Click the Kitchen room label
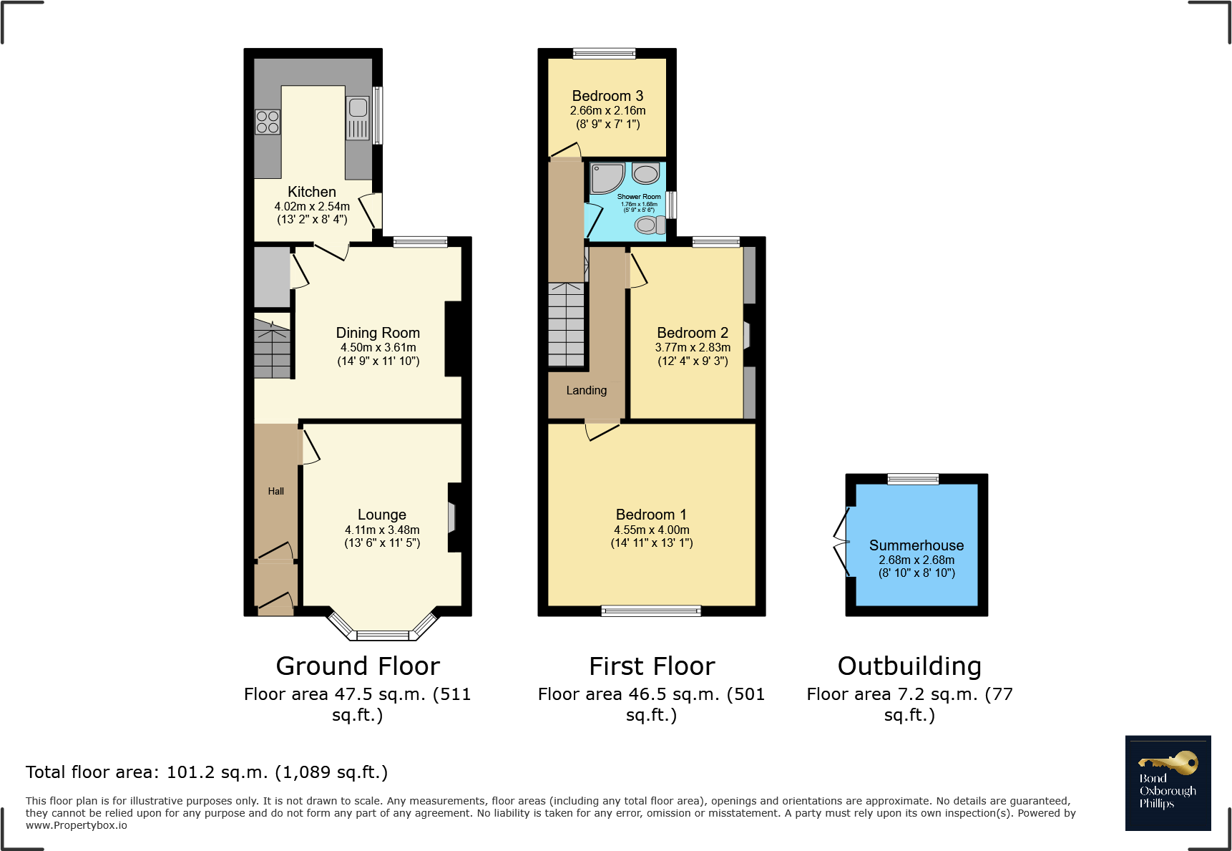click(311, 192)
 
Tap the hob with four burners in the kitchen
click(268, 122)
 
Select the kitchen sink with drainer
click(358, 118)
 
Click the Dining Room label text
click(378, 333)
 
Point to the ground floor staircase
click(272, 349)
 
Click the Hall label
click(275, 491)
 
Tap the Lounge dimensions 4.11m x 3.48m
click(382, 530)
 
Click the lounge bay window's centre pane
click(383, 635)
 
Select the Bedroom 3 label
click(607, 96)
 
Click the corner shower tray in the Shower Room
click(607, 177)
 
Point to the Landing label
click(586, 390)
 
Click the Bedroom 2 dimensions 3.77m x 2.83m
click(693, 347)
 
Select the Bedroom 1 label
click(651, 515)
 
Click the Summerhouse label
click(916, 545)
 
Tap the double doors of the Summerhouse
click(842, 542)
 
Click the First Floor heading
click(651, 666)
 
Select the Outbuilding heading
click(909, 666)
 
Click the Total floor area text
click(207, 772)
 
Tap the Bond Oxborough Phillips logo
click(1168, 782)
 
